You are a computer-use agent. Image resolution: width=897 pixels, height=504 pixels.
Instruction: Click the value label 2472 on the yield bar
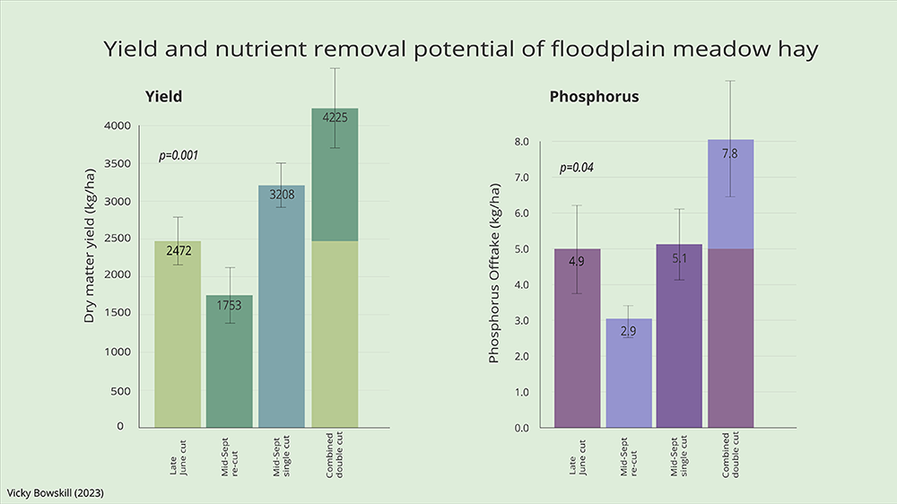tap(178, 251)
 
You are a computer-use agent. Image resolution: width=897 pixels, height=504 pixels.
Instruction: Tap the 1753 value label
tap(230, 306)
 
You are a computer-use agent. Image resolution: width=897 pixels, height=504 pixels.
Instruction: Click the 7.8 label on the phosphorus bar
tap(730, 153)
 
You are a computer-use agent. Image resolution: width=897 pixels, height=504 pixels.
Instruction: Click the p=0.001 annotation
tap(179, 155)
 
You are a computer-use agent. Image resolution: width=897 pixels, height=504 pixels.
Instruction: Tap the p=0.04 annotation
tap(577, 168)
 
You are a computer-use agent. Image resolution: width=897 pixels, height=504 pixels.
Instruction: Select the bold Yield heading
tap(164, 96)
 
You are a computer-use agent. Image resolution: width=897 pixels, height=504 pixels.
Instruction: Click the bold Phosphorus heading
tap(594, 96)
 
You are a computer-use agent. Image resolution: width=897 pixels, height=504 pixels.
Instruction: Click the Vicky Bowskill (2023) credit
tap(59, 493)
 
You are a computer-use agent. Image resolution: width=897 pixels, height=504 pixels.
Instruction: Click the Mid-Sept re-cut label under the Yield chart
tap(230, 456)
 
